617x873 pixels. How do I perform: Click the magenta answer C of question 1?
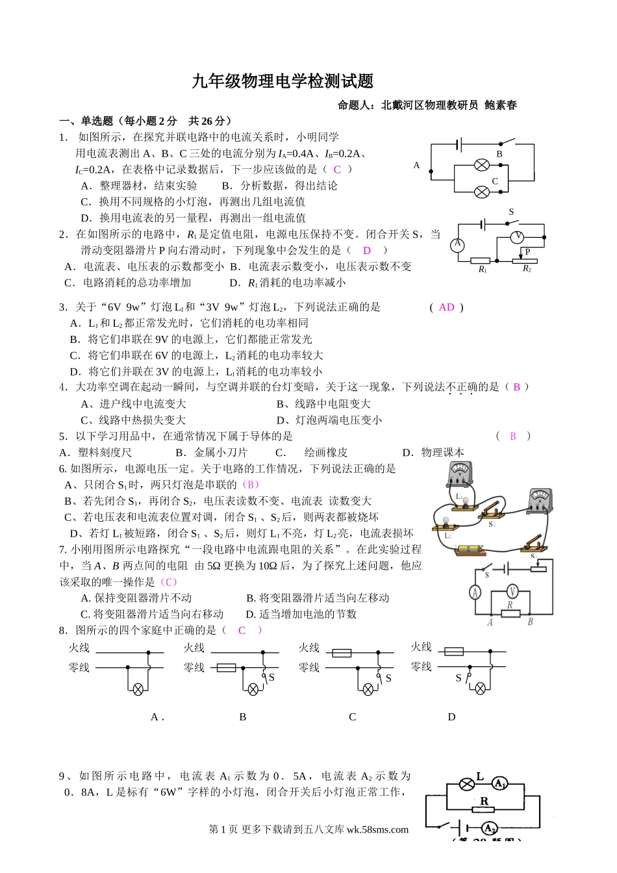click(337, 170)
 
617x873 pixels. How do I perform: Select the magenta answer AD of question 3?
click(447, 307)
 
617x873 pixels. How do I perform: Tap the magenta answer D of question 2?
click(367, 250)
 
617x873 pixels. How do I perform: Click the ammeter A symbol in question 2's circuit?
click(458, 244)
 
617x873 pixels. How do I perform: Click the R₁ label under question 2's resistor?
click(483, 270)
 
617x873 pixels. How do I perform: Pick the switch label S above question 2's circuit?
click(511, 212)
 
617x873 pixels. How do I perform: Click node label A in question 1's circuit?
click(416, 165)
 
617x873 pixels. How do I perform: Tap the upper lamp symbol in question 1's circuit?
click(482, 165)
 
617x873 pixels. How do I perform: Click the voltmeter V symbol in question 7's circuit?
click(512, 591)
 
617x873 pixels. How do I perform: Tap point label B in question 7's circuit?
click(530, 622)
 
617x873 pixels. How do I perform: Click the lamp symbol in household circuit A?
click(138, 690)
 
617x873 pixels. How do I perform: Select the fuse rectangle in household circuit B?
click(226, 668)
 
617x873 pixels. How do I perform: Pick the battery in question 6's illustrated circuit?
click(470, 550)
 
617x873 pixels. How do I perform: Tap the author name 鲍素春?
click(501, 105)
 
